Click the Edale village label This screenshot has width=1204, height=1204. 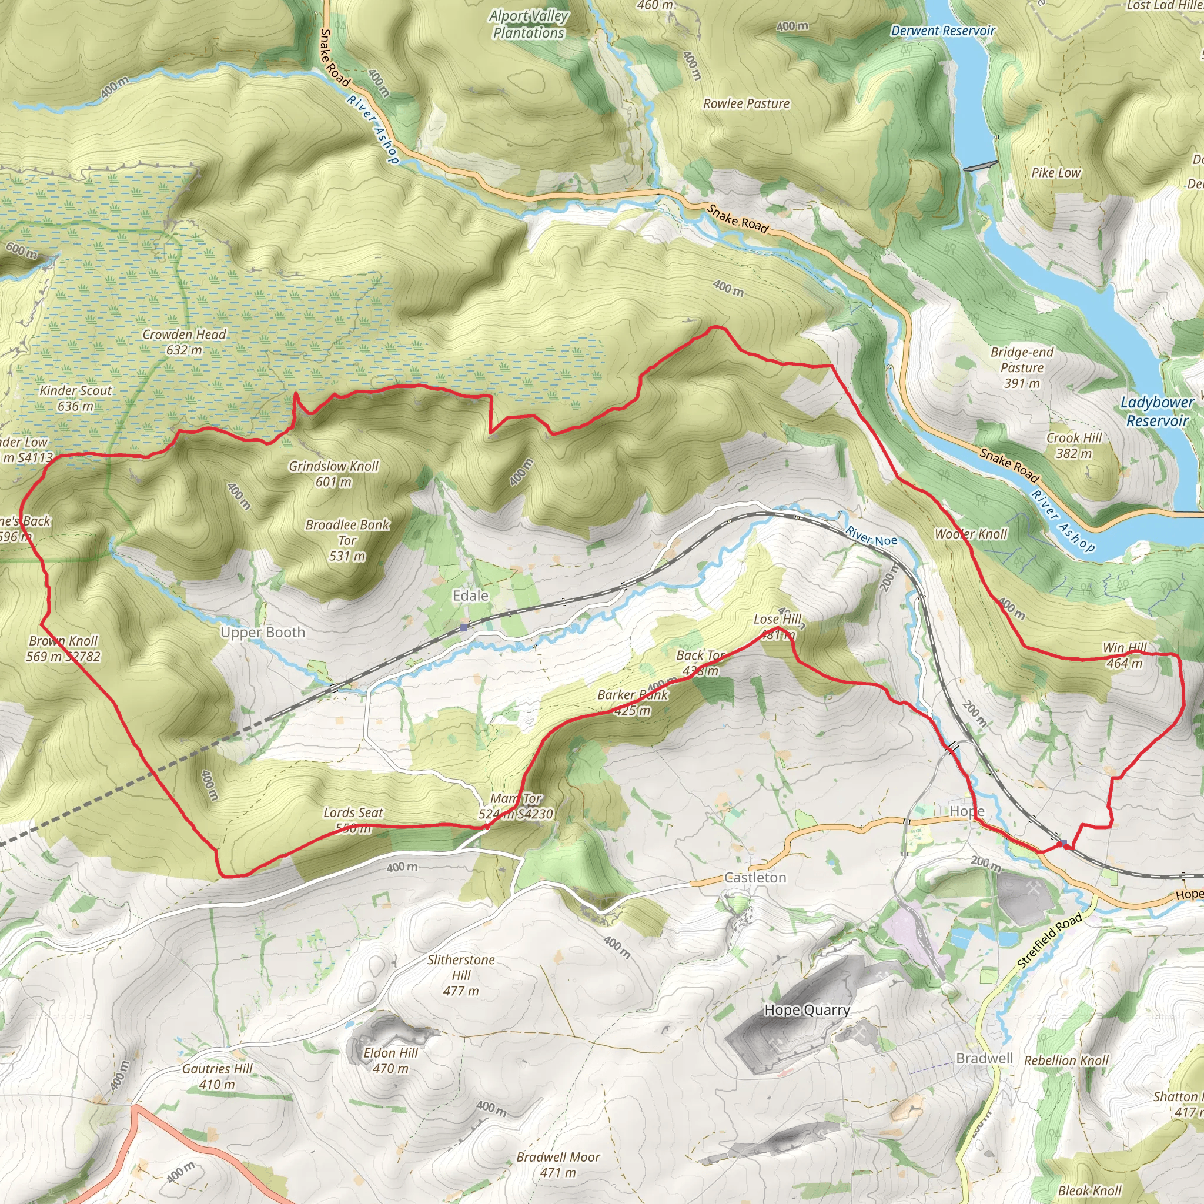(470, 596)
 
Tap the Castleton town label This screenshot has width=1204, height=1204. (755, 878)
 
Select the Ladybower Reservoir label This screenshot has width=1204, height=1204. (1157, 412)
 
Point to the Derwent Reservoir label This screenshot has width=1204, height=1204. (943, 31)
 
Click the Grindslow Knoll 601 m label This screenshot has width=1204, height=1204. (333, 474)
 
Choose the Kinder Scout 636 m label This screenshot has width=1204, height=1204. (75, 398)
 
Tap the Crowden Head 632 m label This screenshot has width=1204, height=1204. (185, 342)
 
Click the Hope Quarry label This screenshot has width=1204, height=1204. (807, 1009)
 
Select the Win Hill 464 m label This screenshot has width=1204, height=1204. (1124, 655)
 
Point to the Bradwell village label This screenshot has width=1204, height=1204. (985, 1058)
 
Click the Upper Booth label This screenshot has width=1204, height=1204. (263, 632)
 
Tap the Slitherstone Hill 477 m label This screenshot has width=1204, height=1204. (461, 975)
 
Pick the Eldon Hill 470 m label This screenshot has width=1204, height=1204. (391, 1061)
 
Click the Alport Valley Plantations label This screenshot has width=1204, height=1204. (529, 24)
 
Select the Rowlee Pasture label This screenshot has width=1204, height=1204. (746, 103)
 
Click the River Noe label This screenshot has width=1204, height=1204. (871, 536)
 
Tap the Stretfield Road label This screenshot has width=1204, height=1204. (1049, 941)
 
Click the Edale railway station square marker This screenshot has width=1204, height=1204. (464, 627)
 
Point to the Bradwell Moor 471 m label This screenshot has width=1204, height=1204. (558, 1165)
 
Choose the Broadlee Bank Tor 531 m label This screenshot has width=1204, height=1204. (347, 540)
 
